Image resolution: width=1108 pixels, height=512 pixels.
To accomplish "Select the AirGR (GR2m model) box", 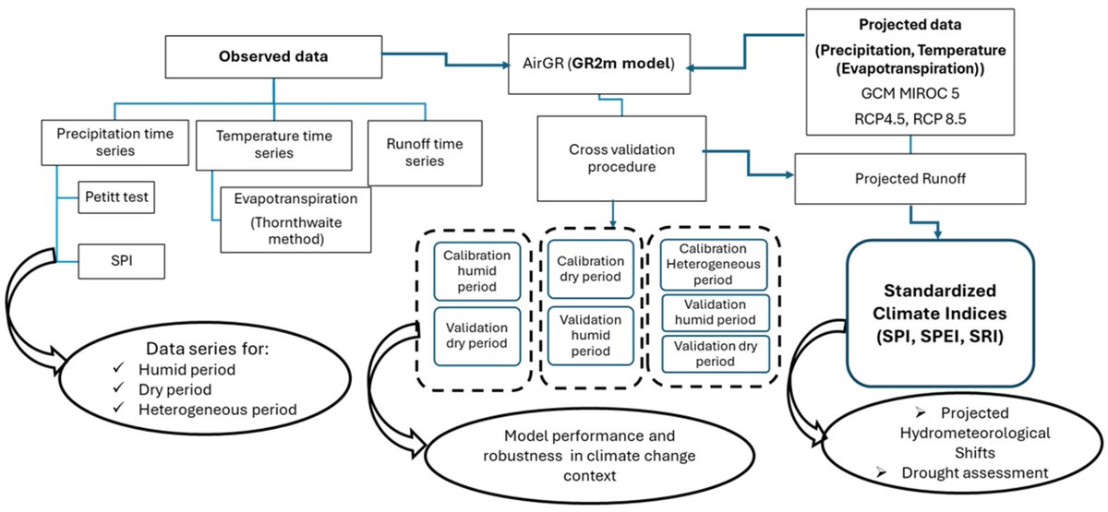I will click(602, 65).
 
